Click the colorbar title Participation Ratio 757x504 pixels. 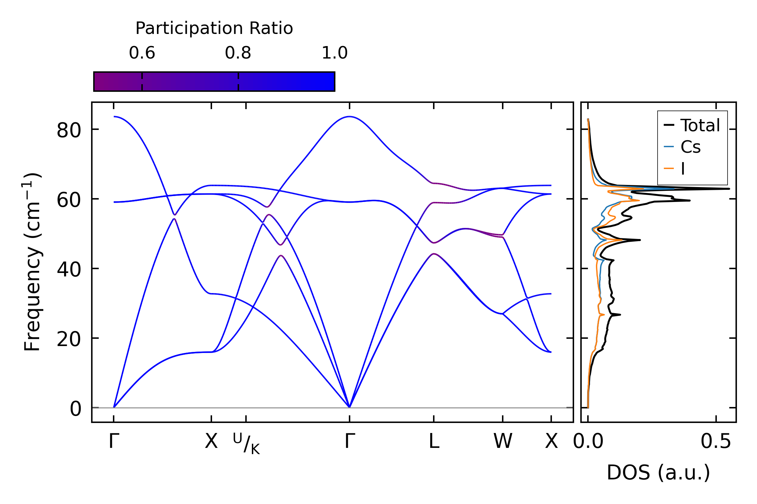point(214,28)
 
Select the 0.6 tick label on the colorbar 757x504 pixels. point(142,53)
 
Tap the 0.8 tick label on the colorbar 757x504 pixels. point(238,53)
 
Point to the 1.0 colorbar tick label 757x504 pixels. point(334,53)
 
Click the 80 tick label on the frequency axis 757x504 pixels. point(69,131)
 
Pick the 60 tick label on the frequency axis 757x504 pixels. point(69,201)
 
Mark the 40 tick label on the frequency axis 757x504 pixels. point(69,270)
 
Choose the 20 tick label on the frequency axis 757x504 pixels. point(69,339)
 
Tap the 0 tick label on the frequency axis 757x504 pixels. point(76,409)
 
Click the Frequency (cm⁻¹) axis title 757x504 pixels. point(32,262)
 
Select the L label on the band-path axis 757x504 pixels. point(434,442)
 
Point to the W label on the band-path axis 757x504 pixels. point(503,442)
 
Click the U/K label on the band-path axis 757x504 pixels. point(246,443)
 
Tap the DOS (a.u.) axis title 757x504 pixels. point(658,472)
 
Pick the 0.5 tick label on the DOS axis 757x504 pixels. point(716,442)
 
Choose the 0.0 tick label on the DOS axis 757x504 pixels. point(588,442)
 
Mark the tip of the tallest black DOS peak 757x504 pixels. point(729,189)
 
